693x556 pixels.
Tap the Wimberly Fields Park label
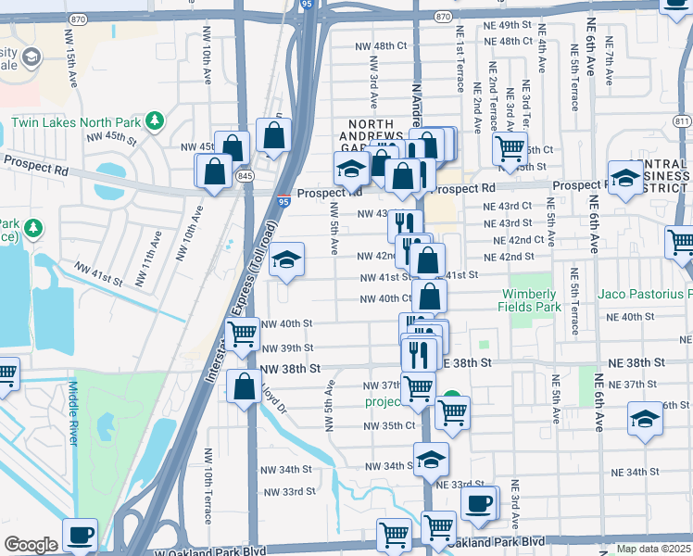click(529, 300)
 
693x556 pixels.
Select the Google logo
click(31, 545)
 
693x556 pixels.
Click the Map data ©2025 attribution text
click(653, 549)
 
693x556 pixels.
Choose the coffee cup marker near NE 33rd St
click(479, 503)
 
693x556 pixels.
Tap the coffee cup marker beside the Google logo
click(80, 535)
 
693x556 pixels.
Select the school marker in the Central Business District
click(626, 179)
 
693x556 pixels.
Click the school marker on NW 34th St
click(431, 458)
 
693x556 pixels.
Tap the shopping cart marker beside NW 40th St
click(243, 334)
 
